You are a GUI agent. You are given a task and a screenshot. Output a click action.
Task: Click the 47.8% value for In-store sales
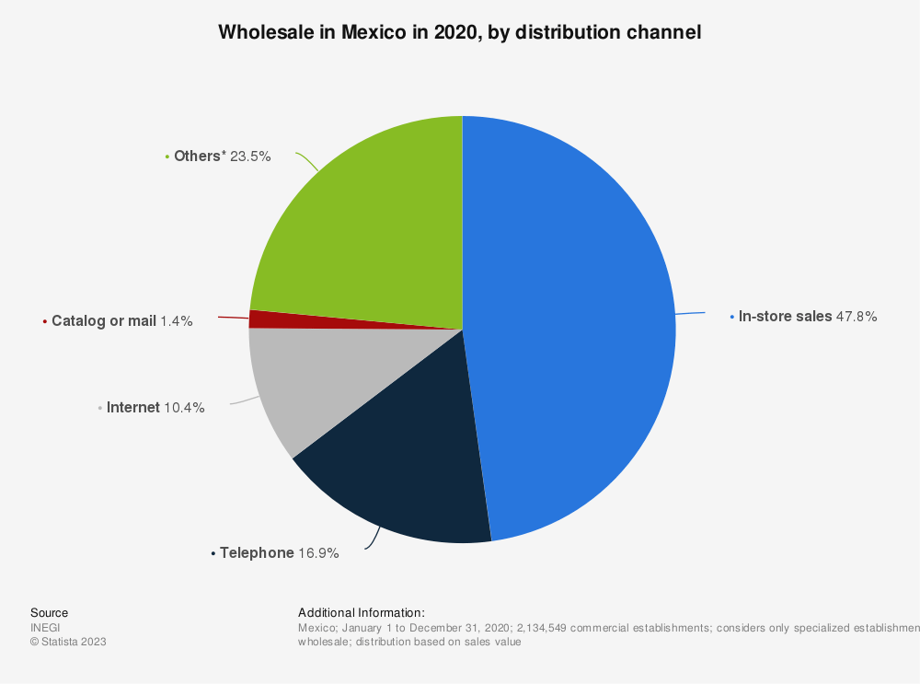pyautogui.click(x=857, y=317)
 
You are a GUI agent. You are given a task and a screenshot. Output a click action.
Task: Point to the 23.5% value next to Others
pyautogui.click(x=250, y=157)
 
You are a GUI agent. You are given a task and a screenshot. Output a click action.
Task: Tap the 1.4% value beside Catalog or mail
pyautogui.click(x=177, y=321)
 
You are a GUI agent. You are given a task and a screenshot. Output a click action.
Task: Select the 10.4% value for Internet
pyautogui.click(x=184, y=408)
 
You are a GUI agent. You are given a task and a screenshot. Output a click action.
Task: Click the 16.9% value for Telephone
pyautogui.click(x=318, y=553)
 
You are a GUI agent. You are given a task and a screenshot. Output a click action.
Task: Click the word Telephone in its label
pyautogui.click(x=257, y=553)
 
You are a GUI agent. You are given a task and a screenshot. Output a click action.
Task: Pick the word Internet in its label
pyautogui.click(x=133, y=408)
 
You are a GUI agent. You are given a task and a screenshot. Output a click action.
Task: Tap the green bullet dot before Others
pyautogui.click(x=167, y=157)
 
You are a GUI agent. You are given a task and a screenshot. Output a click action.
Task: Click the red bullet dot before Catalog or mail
pyautogui.click(x=44, y=321)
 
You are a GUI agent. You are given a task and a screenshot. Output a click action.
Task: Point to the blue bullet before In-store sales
pyautogui.click(x=731, y=317)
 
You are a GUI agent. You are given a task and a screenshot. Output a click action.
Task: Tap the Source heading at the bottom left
pyautogui.click(x=50, y=612)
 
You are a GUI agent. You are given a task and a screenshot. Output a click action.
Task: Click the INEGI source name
pyautogui.click(x=45, y=628)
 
